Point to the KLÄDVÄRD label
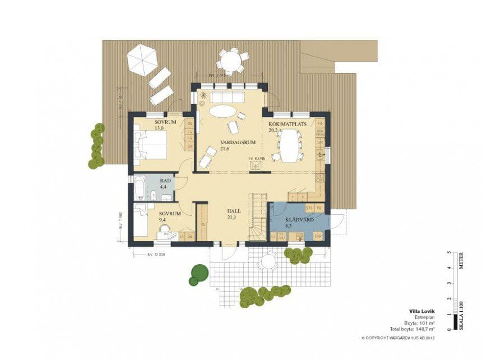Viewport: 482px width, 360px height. (295, 219)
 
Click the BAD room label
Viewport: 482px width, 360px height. (165, 181)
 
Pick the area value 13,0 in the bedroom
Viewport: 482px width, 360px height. (159, 128)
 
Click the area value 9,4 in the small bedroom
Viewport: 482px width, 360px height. (164, 220)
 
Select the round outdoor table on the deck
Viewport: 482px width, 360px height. (232, 59)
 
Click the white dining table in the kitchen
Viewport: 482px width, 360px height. (290, 145)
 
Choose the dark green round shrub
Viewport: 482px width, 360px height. (198, 274)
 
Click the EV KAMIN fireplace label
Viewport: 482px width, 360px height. (257, 158)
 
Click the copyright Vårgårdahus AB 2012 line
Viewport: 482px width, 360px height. (398, 338)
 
